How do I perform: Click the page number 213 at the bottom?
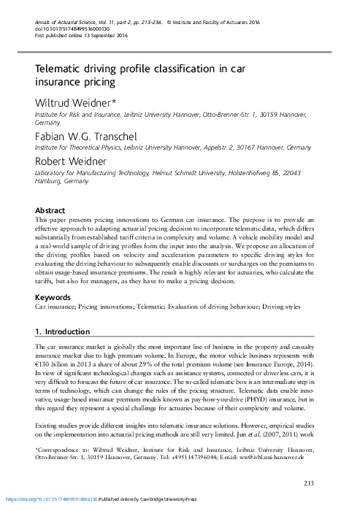[x=308, y=483]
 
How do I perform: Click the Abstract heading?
[x=51, y=208]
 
